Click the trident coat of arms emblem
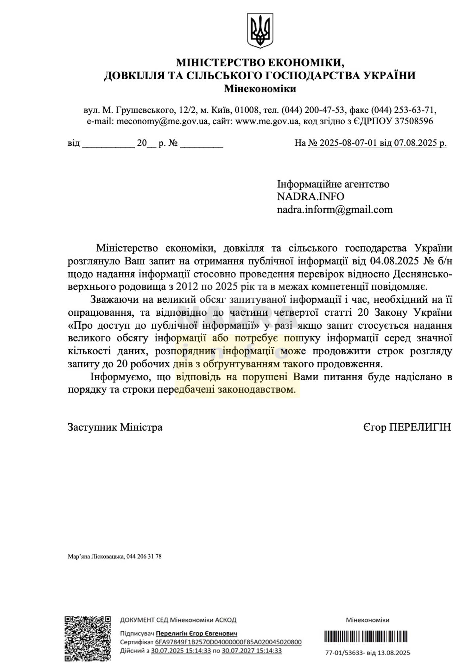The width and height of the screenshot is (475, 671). coord(260,30)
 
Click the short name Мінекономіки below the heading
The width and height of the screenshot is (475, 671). coord(260,89)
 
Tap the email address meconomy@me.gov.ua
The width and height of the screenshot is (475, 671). coord(162,121)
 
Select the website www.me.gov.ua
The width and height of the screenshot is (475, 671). coord(267,121)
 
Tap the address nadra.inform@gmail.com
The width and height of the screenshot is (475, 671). coord(335,210)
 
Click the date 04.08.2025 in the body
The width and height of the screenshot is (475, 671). coord(394,261)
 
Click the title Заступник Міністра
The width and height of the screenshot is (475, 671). coord(115,427)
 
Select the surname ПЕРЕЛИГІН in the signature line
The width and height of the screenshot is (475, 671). coord(420,427)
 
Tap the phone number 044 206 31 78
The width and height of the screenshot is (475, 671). coord(144,557)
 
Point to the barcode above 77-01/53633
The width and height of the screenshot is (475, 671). coord(366,637)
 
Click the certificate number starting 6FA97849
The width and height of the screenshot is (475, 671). coord(228,642)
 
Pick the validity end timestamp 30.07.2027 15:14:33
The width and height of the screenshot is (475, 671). coord(251,651)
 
